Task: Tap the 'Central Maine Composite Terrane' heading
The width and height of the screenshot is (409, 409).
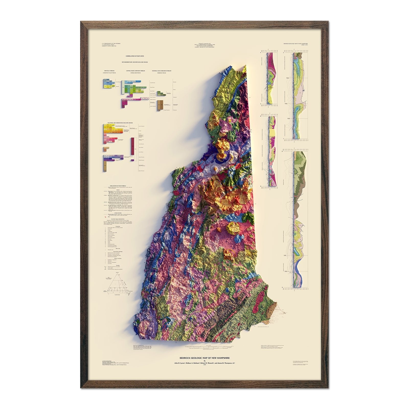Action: coord(135,70)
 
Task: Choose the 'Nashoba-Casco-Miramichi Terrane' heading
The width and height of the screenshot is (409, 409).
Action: coord(162,70)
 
